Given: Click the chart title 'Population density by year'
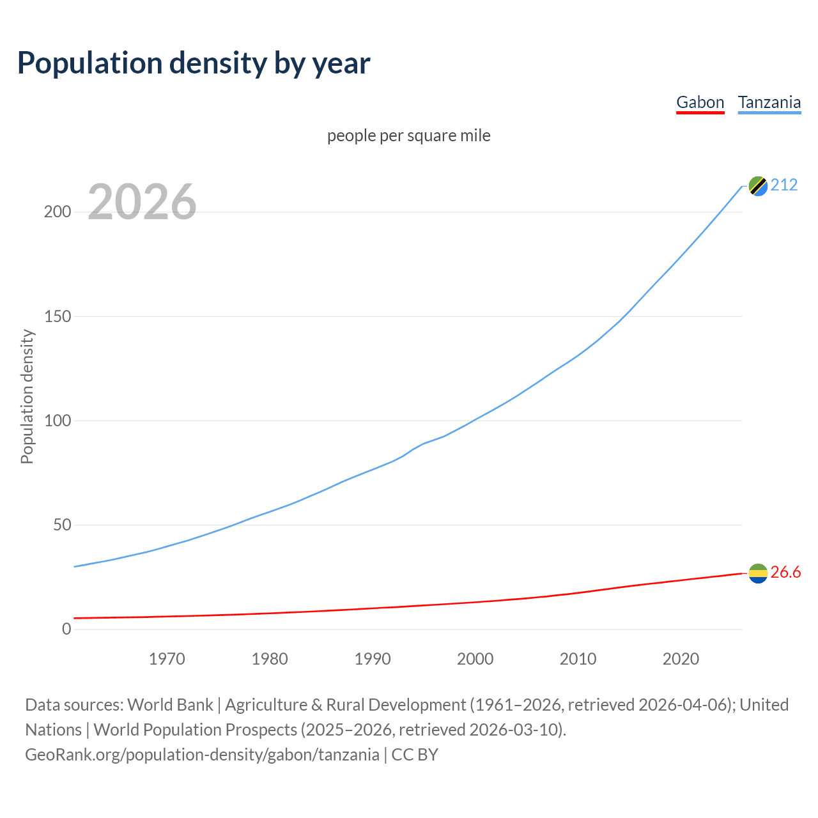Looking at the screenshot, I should pyautogui.click(x=194, y=63).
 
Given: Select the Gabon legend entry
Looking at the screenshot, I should pyautogui.click(x=700, y=102).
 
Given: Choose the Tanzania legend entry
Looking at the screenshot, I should pyautogui.click(x=769, y=102).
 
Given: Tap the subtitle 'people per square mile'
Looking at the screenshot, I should pyautogui.click(x=408, y=135).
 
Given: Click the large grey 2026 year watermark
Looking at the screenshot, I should pyautogui.click(x=142, y=202).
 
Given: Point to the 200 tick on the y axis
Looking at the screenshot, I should pyautogui.click(x=58, y=212).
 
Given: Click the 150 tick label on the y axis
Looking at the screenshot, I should pyautogui.click(x=58, y=316).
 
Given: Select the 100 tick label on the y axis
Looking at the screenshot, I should pyautogui.click(x=58, y=421).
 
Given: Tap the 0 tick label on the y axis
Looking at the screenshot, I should pyautogui.click(x=66, y=629).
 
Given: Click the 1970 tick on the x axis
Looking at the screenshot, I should pyautogui.click(x=167, y=659).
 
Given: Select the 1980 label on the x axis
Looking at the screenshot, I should pyautogui.click(x=270, y=659).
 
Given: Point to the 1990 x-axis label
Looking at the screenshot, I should pyautogui.click(x=373, y=659).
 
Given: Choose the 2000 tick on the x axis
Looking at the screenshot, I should pyautogui.click(x=475, y=659).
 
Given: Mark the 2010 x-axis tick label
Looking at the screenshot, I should pyautogui.click(x=578, y=659).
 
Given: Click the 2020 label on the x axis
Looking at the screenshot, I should pyautogui.click(x=681, y=659).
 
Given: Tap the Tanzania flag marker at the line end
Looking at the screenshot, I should pyautogui.click(x=758, y=186).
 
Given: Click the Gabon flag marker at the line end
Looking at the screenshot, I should pyautogui.click(x=758, y=573).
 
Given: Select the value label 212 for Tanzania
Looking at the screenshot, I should pyautogui.click(x=784, y=185).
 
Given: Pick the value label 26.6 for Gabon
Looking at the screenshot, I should pyautogui.click(x=785, y=573).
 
